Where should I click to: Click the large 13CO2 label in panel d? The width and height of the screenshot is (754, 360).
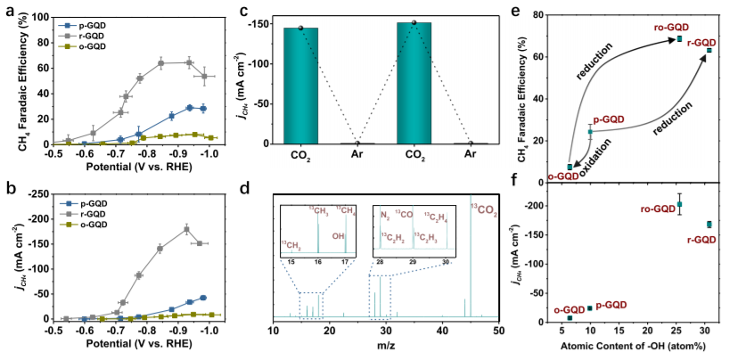[x=485, y=210]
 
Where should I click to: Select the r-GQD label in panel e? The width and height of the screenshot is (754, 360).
[x=709, y=42]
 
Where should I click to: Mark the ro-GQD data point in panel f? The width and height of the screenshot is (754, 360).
[x=679, y=204]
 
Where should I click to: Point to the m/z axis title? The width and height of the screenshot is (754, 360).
[x=386, y=346]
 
